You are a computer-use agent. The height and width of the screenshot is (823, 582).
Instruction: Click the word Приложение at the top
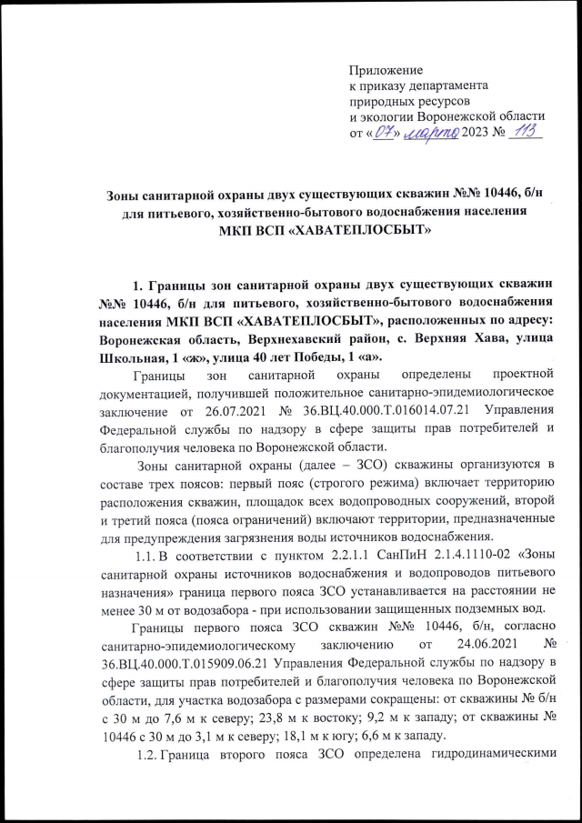coord(387,69)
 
